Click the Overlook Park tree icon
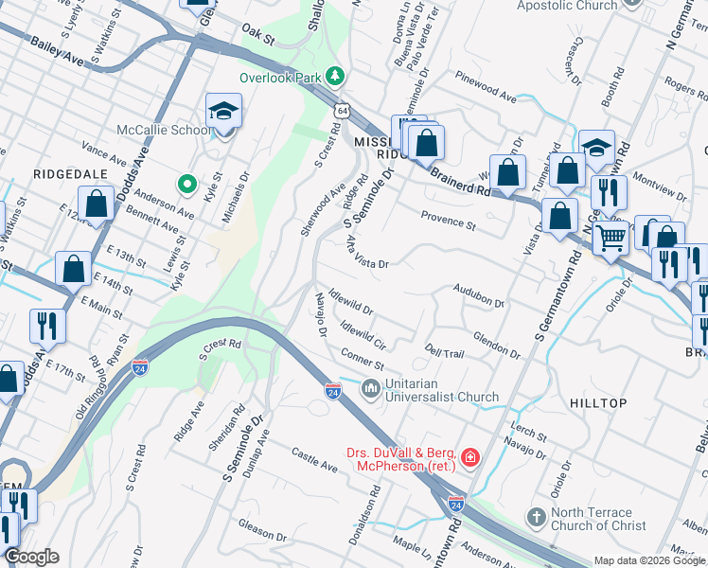click(x=333, y=75)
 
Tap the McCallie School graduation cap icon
click(x=223, y=112)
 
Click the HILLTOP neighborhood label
click(x=598, y=403)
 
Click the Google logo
click(x=30, y=557)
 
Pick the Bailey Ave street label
click(x=57, y=46)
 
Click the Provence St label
click(x=448, y=221)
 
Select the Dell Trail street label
click(x=445, y=352)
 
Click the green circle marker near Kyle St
click(x=187, y=183)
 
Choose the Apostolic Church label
click(x=567, y=6)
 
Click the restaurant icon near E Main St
click(x=46, y=326)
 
